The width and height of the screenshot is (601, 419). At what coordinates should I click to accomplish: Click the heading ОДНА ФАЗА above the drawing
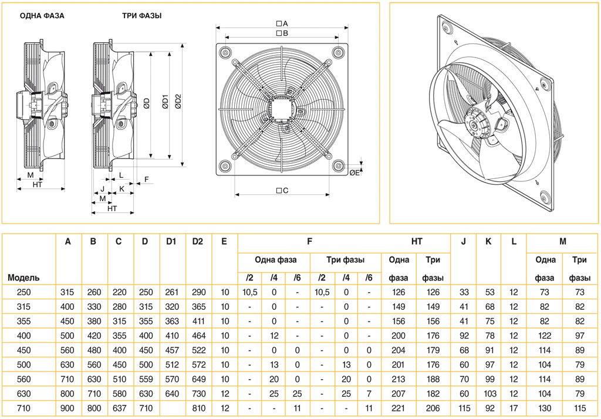42,16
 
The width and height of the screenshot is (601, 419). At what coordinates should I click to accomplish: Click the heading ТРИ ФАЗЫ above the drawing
142,16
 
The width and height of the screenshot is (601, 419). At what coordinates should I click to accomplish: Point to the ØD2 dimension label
178,101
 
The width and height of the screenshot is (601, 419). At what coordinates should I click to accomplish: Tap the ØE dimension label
354,173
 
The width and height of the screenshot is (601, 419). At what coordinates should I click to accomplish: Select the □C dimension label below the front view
282,190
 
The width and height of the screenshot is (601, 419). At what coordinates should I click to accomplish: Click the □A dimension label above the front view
282,23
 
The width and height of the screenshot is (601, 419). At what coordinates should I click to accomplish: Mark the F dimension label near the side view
146,179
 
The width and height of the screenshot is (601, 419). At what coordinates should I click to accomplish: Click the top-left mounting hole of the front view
225,52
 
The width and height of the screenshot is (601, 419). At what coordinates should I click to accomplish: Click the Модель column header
23,278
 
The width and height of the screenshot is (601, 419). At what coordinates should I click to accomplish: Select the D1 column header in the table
171,242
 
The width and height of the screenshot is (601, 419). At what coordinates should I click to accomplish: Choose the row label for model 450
23,350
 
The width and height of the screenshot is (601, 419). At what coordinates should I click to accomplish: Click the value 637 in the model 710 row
119,408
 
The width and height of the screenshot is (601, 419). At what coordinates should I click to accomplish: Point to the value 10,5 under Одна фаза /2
250,292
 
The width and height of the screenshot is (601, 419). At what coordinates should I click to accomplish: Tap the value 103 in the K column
489,394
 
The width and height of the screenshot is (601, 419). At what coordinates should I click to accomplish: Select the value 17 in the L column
514,408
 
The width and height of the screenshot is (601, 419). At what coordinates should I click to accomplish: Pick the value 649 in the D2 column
198,379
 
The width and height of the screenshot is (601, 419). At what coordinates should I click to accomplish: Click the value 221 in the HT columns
399,408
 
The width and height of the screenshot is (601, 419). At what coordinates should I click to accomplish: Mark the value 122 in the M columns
544,336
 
